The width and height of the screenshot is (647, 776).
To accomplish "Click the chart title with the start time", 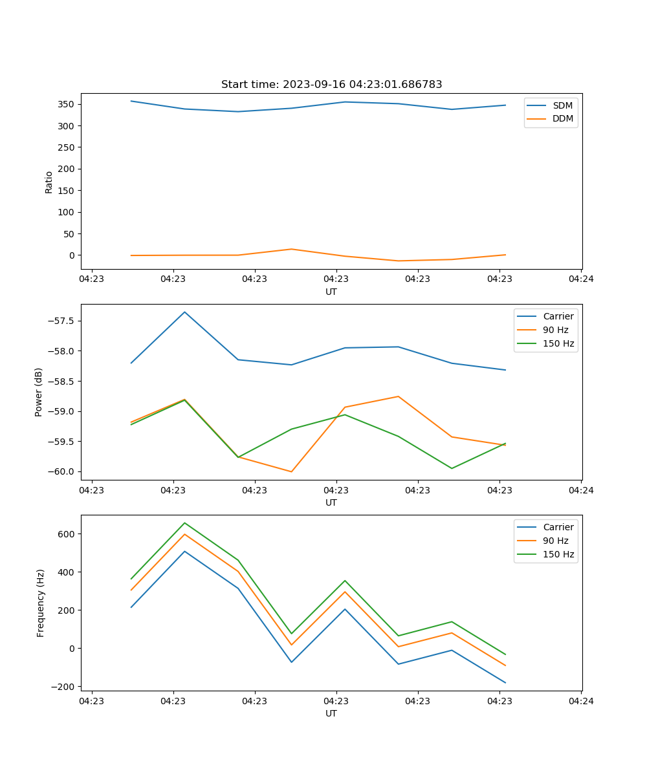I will pos(331,85).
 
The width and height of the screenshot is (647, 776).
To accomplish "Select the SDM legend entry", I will pos(562,105).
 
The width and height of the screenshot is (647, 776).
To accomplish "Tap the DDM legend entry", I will pos(562,118).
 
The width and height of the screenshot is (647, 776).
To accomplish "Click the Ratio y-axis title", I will pos(49,181).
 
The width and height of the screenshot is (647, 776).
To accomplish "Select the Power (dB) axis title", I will pos(39,392).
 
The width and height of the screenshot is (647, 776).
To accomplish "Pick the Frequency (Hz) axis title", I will pos(40,603).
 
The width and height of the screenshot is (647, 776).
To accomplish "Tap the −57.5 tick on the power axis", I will pos(62,321).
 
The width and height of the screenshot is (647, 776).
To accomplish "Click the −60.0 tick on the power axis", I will pos(62,472).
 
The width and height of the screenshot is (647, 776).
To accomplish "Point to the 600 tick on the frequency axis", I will pos(67,534).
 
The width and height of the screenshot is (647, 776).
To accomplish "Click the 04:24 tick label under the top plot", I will pos(580,279).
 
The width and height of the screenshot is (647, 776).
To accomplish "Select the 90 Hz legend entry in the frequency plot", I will pos(555,541).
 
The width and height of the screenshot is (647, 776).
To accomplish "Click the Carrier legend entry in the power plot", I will pos(558,316).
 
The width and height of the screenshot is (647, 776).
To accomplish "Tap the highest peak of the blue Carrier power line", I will pos(184,312).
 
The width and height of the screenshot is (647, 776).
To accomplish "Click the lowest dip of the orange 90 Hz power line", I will pos(291,471).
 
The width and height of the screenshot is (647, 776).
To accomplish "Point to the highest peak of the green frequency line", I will pos(184,523).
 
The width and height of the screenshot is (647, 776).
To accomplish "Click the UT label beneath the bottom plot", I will pos(331,713).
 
